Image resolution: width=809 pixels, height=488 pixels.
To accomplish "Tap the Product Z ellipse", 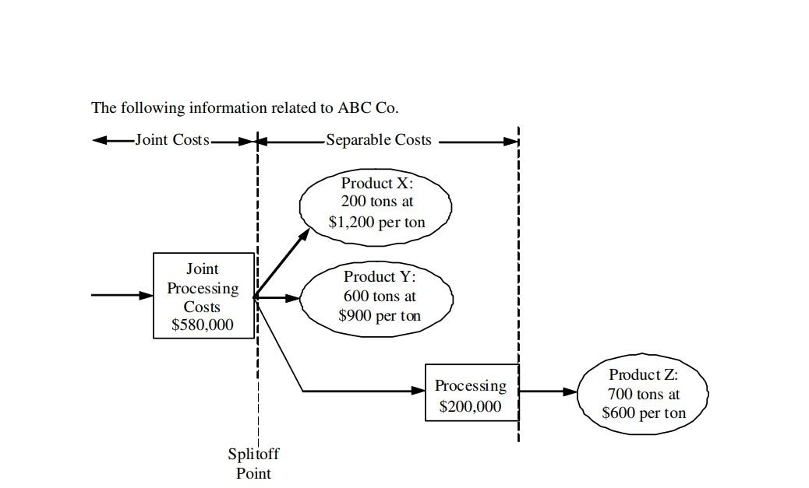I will (x=643, y=394).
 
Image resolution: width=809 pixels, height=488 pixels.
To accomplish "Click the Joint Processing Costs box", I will (x=203, y=296).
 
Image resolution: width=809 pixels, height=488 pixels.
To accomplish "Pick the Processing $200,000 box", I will (x=472, y=392).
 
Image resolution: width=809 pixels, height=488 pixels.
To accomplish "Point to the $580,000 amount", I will (x=203, y=325).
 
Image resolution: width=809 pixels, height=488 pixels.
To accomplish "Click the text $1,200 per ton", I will (x=377, y=223).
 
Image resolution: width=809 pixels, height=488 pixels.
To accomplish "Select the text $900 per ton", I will (x=380, y=316).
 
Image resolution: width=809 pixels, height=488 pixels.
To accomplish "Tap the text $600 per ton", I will (x=644, y=413).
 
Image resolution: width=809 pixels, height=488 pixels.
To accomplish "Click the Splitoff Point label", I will (x=253, y=463).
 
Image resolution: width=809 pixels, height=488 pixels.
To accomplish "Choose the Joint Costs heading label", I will (x=172, y=140).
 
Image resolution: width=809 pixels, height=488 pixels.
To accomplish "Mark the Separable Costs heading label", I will (x=378, y=140).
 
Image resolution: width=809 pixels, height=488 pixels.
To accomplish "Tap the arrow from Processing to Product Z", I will (x=548, y=391).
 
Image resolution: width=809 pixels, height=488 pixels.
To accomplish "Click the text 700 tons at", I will (x=644, y=395).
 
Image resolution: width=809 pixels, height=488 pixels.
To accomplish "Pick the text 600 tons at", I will (x=380, y=297).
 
